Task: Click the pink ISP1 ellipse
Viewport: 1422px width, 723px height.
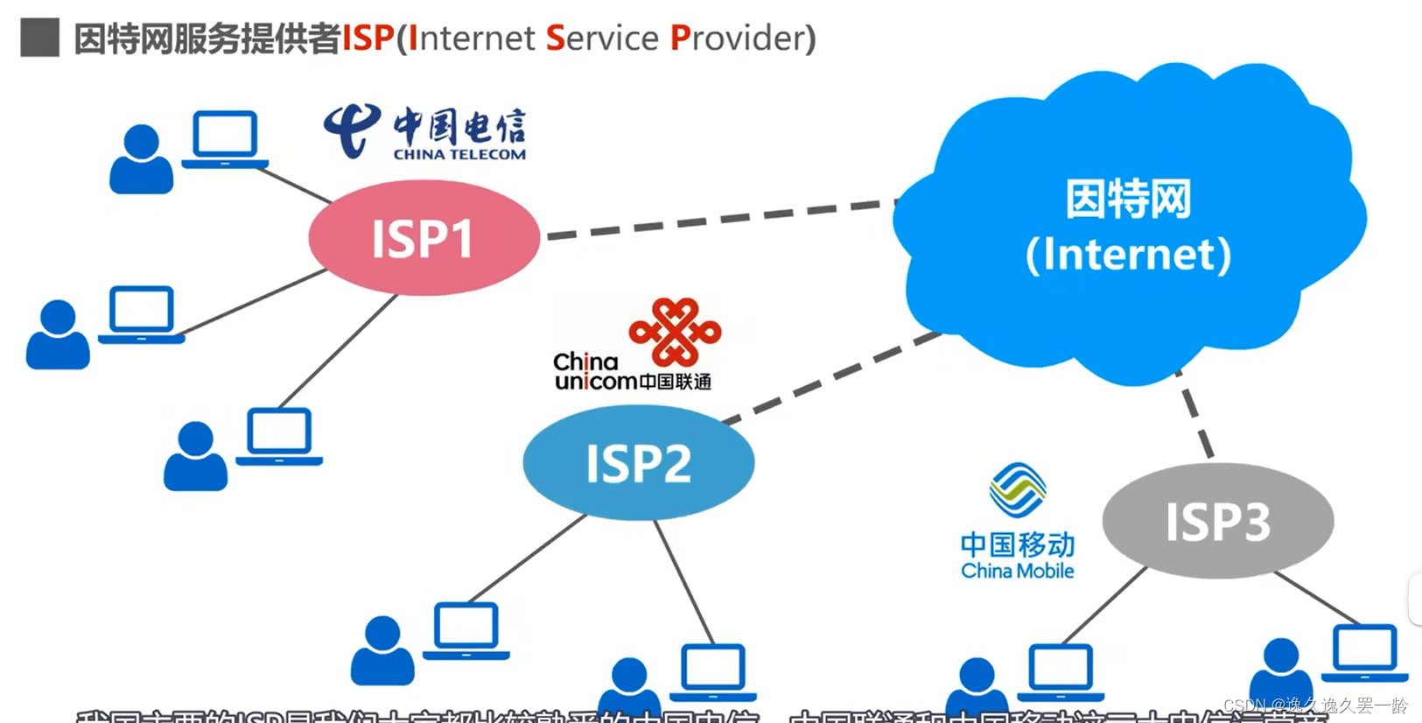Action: pyautogui.click(x=424, y=238)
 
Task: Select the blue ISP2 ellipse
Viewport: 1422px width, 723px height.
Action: pyautogui.click(x=638, y=463)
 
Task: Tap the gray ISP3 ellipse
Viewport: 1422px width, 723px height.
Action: pyautogui.click(x=1217, y=522)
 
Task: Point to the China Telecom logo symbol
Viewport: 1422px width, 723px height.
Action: pyautogui.click(x=352, y=130)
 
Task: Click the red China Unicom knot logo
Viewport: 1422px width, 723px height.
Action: pyautogui.click(x=675, y=332)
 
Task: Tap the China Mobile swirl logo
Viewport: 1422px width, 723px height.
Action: pyautogui.click(x=1017, y=490)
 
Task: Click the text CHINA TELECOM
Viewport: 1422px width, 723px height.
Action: pyautogui.click(x=459, y=155)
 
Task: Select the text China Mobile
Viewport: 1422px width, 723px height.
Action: pyautogui.click(x=1017, y=571)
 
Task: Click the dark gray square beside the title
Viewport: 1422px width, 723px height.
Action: pyautogui.click(x=39, y=38)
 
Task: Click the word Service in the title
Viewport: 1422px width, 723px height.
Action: pyautogui.click(x=602, y=39)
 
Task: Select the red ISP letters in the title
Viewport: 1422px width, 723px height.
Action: pyautogui.click(x=368, y=39)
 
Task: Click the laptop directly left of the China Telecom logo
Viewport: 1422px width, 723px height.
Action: pyautogui.click(x=225, y=139)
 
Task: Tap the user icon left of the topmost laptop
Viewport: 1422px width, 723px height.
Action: pyautogui.click(x=141, y=159)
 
